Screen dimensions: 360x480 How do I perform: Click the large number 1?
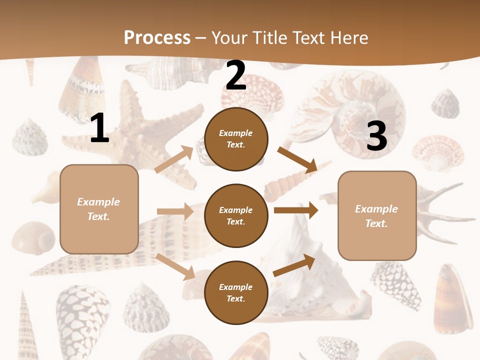click(x=99, y=128)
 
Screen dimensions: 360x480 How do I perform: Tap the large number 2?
click(x=236, y=76)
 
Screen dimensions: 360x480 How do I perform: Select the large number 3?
click(x=376, y=136)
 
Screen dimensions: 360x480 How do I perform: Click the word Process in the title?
click(x=157, y=37)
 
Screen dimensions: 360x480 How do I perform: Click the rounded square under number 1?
click(x=99, y=209)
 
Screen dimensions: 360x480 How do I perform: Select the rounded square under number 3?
click(x=377, y=215)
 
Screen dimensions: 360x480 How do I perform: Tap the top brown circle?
click(x=236, y=139)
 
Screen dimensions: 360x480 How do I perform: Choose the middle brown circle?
click(x=236, y=215)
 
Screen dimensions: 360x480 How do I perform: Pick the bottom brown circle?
click(x=236, y=292)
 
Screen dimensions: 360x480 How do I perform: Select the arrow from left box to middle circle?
click(x=175, y=211)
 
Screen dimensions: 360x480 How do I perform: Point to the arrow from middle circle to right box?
click(x=295, y=210)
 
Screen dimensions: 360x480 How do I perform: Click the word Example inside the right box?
click(x=376, y=209)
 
